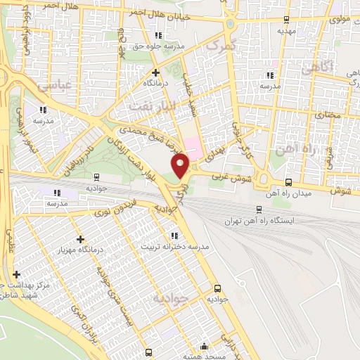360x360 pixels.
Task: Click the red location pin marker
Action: pyautogui.click(x=181, y=165)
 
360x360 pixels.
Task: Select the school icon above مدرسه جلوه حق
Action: pyautogui.click(x=159, y=35)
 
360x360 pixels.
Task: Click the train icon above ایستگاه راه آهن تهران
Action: pyautogui.click(x=259, y=209)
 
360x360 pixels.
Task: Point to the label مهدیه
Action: pyautogui.click(x=285, y=31)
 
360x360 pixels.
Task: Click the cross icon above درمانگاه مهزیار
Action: pyautogui.click(x=81, y=239)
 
